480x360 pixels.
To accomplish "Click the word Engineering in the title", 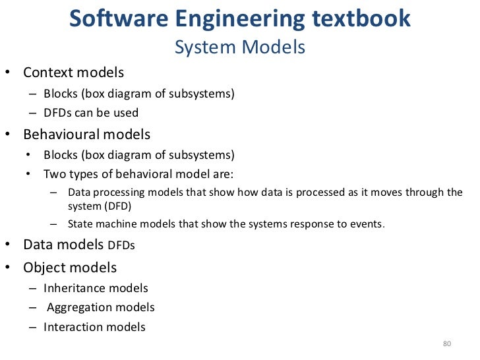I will tap(227, 19).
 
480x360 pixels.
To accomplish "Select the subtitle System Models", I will tap(239, 47).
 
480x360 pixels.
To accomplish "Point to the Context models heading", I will tap(73, 72).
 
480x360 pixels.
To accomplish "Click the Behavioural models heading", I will tap(86, 135).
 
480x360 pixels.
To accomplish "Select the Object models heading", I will tap(70, 268).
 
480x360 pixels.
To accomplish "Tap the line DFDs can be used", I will tap(91, 113).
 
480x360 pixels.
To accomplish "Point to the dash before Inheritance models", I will tap(32, 288).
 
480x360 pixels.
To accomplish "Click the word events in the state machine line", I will tap(368, 224).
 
